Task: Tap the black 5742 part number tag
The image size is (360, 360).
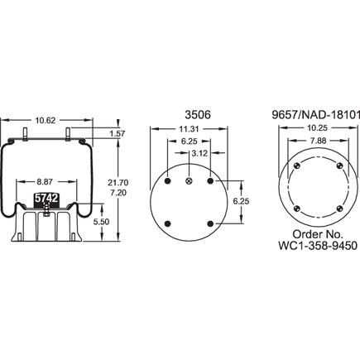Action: (x=45, y=199)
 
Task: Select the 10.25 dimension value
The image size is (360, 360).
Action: (x=307, y=129)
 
